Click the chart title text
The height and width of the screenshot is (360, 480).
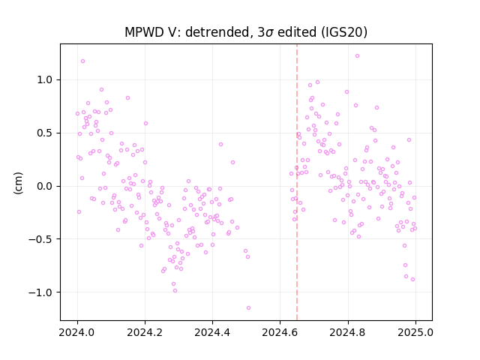pos(246,32)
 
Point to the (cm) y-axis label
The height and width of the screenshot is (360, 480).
pos(18,183)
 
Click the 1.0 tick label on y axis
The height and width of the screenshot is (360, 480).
pos(45,80)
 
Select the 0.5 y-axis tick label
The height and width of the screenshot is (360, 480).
pos(45,133)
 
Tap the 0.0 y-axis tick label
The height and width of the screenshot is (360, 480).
pos(45,186)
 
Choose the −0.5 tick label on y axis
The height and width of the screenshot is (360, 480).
pos(40,239)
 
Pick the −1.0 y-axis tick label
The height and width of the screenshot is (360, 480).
pos(40,292)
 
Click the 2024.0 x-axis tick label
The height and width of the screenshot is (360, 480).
pos(77,332)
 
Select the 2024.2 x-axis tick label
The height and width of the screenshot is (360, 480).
pos(145,332)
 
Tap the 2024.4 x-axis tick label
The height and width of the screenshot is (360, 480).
pos(212,332)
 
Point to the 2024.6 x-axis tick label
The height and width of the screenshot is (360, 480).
pos(280,332)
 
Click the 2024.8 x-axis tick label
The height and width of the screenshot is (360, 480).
pos(348,332)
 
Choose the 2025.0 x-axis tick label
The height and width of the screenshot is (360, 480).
pos(415,332)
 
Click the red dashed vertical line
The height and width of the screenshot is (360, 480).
pos(297,182)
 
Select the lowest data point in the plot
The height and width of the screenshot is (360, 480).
pos(248,308)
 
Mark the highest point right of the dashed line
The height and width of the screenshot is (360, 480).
pos(357,56)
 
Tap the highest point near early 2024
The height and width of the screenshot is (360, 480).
pos(82,61)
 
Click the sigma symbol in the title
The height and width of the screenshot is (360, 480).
pos(268,33)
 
